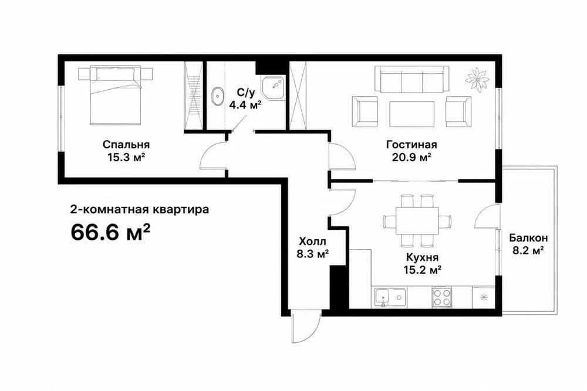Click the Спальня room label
coord(126,145)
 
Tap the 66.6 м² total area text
coord(110,233)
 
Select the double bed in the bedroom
coord(116,96)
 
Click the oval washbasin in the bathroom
coord(217,97)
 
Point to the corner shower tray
coord(274,87)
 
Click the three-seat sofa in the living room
coord(412,79)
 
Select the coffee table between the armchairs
coord(412,114)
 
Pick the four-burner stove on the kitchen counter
coord(442,298)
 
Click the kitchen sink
coord(391,298)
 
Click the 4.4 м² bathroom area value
coord(245,105)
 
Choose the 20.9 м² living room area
coord(412,157)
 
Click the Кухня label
coord(422,257)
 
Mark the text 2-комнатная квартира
coord(140,210)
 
